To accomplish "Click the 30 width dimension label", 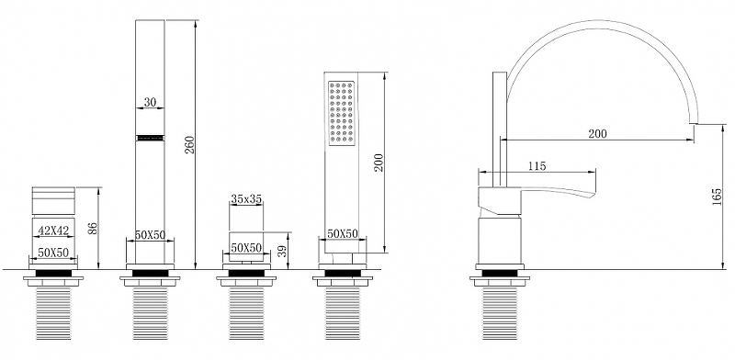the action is (x=150, y=102).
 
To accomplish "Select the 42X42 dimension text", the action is (x=53, y=231).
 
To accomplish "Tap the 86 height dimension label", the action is (x=94, y=229).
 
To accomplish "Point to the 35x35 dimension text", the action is (x=246, y=198).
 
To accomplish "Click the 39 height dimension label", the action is (x=282, y=251).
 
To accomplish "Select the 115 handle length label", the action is (x=537, y=166).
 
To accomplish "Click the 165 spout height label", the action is (x=717, y=197).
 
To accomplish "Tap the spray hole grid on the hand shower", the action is (x=341, y=114).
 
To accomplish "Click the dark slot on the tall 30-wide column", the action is (x=150, y=138).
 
